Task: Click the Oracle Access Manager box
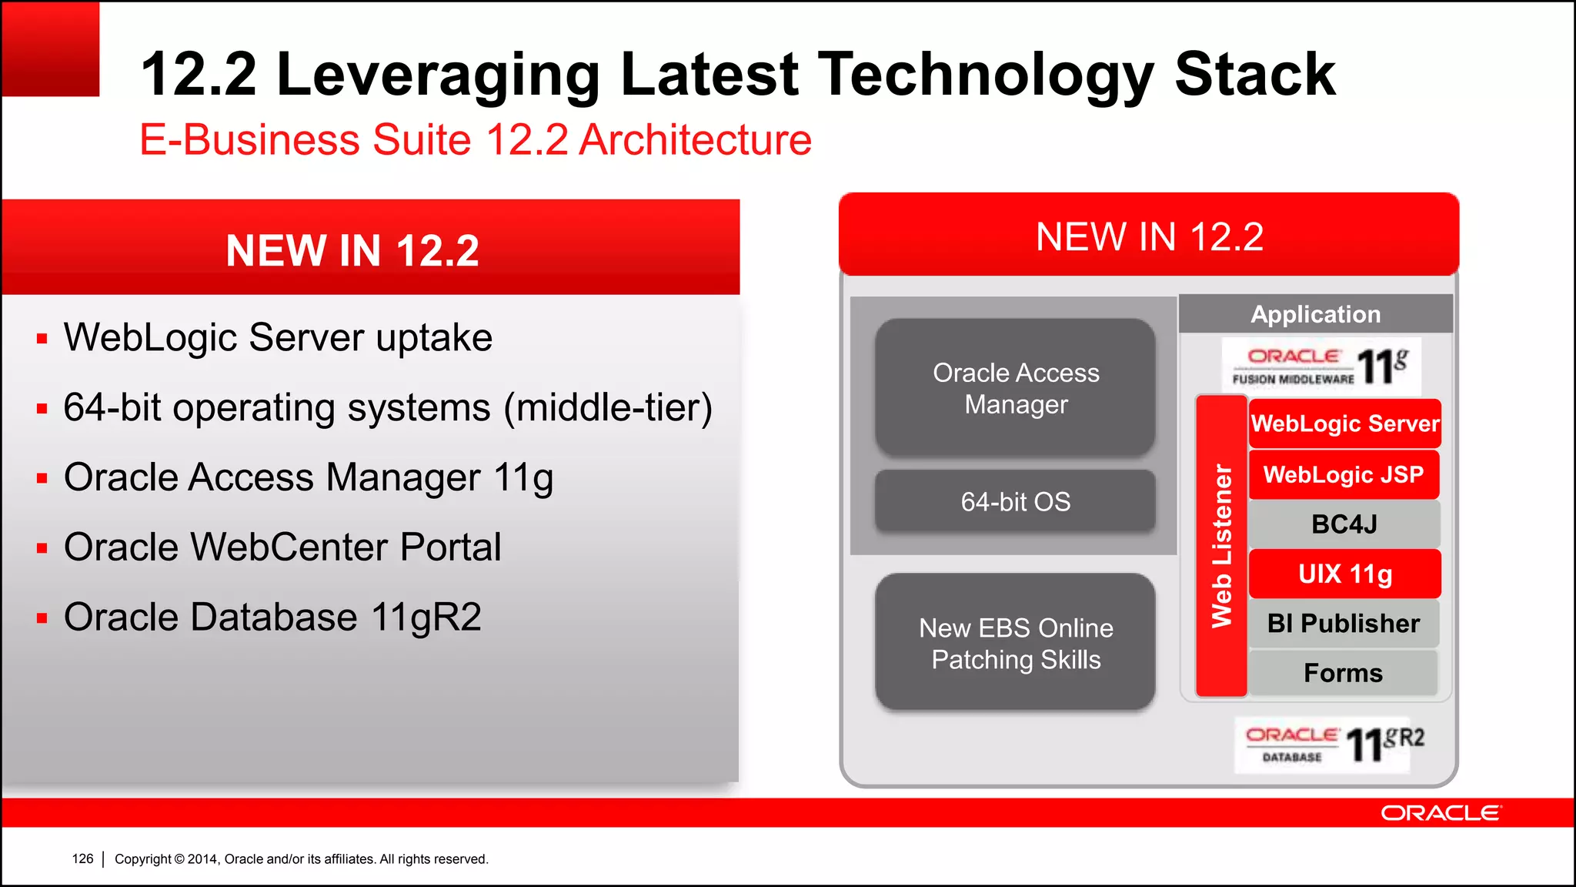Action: pyautogui.click(x=1015, y=387)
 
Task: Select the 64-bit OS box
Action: pyautogui.click(x=1015, y=501)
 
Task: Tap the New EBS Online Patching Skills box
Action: pyautogui.click(x=1015, y=642)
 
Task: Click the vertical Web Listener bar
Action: pyautogui.click(x=1221, y=546)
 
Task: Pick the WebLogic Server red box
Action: pyautogui.click(x=1344, y=423)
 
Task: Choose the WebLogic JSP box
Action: pyautogui.click(x=1344, y=474)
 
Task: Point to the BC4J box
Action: pyautogui.click(x=1344, y=524)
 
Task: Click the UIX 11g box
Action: pyautogui.click(x=1344, y=574)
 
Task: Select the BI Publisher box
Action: pyautogui.click(x=1344, y=623)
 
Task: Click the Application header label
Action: pyautogui.click(x=1315, y=314)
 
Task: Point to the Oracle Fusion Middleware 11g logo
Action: pyautogui.click(x=1321, y=367)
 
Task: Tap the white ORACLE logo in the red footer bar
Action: pyautogui.click(x=1440, y=813)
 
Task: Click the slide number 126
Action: pyautogui.click(x=82, y=859)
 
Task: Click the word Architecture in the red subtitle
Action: pyautogui.click(x=695, y=140)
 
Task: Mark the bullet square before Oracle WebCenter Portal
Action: pyautogui.click(x=42, y=548)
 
